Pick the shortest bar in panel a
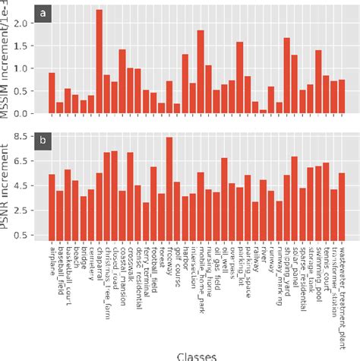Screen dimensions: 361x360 pos(264,112)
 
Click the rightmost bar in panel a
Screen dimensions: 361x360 pos(343,97)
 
